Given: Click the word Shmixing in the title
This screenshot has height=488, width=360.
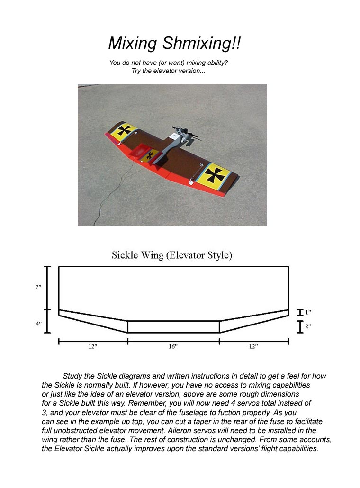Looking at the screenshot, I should pyautogui.click(x=202, y=44).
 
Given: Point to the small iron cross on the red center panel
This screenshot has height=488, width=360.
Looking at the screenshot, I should pyautogui.click(x=150, y=155).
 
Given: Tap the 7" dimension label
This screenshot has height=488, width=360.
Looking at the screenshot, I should pyautogui.click(x=38, y=287).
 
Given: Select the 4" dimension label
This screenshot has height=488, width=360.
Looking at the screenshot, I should pyautogui.click(x=38, y=324).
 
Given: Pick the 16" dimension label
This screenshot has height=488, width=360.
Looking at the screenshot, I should pyautogui.click(x=173, y=347).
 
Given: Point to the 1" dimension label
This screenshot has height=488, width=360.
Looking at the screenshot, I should pyautogui.click(x=308, y=313).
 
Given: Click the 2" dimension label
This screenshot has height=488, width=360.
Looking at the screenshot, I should pyautogui.click(x=308, y=326).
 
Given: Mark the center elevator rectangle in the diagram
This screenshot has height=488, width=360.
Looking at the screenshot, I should pyautogui.click(x=173, y=327).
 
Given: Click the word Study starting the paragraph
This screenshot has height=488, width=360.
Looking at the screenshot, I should pyautogui.click(x=72, y=376).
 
